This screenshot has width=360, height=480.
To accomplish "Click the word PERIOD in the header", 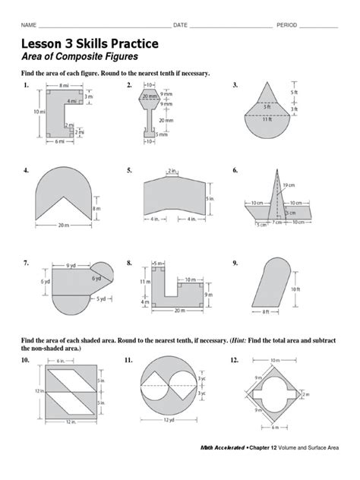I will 288,25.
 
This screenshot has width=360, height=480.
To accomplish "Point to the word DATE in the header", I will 181,25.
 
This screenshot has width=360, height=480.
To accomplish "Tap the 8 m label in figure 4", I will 96,207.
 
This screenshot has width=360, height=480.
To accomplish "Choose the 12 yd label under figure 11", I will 167,420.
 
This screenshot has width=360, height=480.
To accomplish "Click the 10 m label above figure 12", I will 274,359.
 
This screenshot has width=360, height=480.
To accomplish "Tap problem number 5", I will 130,171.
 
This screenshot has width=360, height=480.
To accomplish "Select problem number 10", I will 26,359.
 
